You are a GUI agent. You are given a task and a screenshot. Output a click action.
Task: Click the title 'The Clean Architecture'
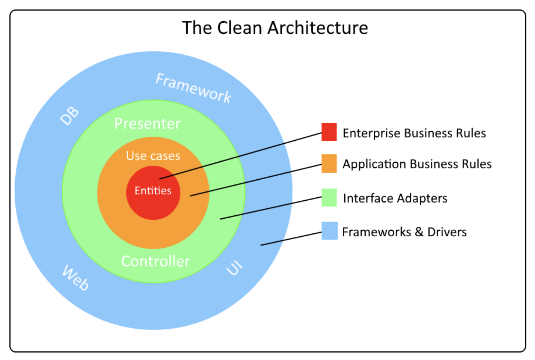(x=275, y=27)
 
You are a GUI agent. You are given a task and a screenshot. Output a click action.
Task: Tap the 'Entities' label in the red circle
(x=153, y=190)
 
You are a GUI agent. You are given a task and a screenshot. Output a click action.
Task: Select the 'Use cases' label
(x=153, y=156)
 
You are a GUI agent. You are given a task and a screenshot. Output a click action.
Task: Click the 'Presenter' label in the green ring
(x=147, y=124)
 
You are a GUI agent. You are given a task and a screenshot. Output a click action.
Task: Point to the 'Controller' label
(x=156, y=261)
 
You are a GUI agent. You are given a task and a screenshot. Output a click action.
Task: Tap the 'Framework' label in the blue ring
(x=194, y=88)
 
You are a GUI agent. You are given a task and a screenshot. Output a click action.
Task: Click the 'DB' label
(x=70, y=116)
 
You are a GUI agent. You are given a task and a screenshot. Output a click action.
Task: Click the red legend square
(x=329, y=132)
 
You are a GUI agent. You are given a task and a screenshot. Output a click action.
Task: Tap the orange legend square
(x=329, y=163)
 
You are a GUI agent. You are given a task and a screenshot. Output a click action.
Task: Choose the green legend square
(x=329, y=197)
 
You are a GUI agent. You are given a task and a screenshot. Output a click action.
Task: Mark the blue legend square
(x=329, y=231)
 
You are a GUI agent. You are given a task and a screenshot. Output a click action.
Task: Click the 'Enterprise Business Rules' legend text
(x=414, y=133)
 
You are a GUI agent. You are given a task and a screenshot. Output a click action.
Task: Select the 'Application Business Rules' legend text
(x=417, y=164)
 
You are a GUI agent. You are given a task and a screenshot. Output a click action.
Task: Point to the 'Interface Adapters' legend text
(x=395, y=198)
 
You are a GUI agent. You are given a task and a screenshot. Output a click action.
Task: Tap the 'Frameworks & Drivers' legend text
(x=404, y=232)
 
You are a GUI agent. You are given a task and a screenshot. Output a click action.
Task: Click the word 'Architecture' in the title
(x=318, y=27)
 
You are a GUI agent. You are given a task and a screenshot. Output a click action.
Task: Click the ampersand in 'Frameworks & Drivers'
(x=419, y=232)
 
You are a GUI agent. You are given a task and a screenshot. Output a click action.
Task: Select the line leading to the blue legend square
(x=291, y=239)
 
